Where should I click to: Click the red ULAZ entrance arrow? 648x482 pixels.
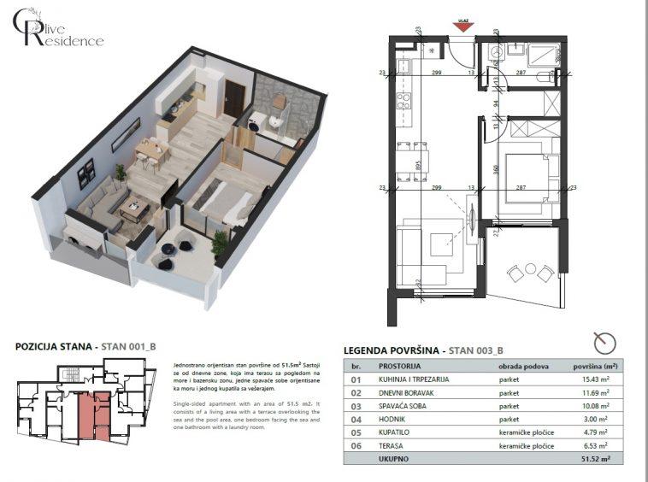(x=462, y=26)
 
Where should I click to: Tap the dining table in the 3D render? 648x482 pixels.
(x=150, y=151)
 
